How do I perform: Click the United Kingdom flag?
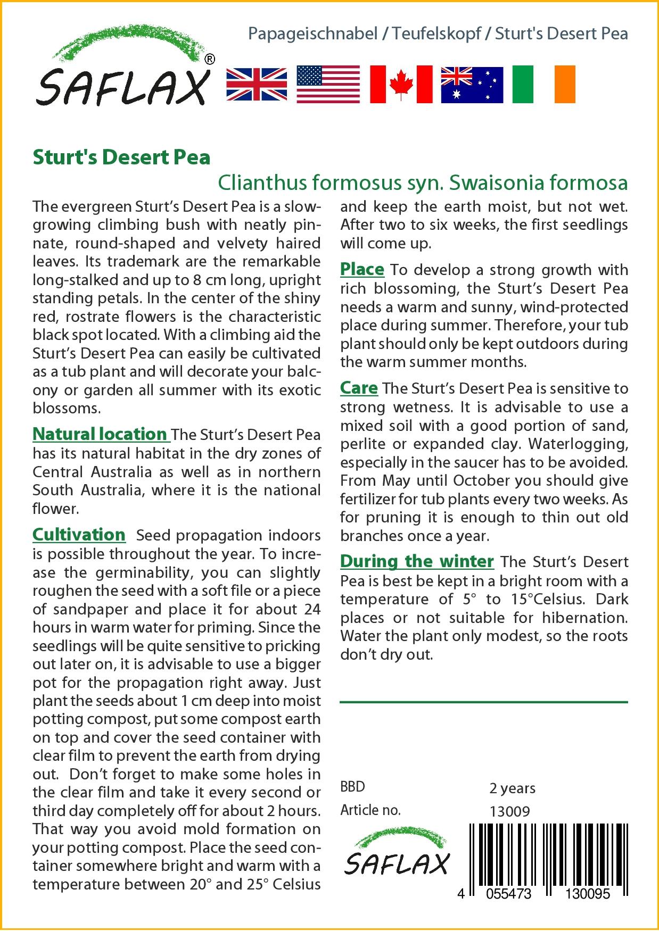click(257, 84)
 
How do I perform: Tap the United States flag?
click(328, 84)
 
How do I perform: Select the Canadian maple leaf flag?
click(401, 84)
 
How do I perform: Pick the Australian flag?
click(472, 84)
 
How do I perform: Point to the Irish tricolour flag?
click(543, 84)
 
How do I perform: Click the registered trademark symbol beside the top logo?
click(210, 60)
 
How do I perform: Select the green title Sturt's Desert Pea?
click(121, 157)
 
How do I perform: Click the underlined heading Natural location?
click(100, 434)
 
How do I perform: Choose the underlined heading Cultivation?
click(79, 534)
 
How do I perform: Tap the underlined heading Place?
click(362, 269)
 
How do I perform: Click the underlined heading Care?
click(359, 388)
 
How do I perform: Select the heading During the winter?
click(417, 561)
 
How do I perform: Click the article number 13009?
click(509, 811)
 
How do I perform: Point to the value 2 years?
click(512, 787)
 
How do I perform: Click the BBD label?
click(352, 787)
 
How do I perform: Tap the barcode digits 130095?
click(587, 894)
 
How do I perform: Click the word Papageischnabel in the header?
click(313, 34)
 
